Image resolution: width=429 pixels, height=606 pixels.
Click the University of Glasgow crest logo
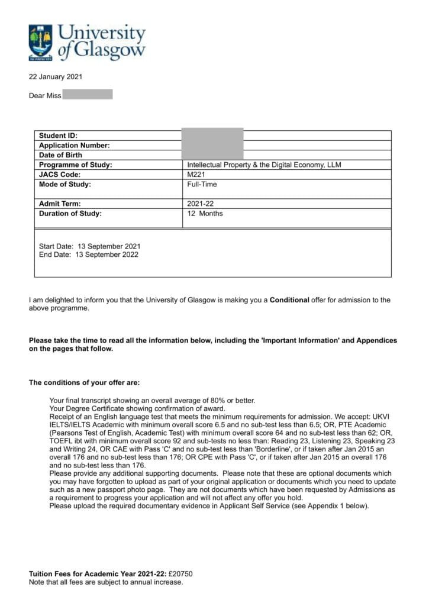(x=40, y=42)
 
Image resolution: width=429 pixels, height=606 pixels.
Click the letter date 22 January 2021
(x=56, y=77)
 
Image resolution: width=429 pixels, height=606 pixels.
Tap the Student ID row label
(x=58, y=136)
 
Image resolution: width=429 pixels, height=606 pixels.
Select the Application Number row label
(x=74, y=146)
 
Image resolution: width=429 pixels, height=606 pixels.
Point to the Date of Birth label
(x=60, y=155)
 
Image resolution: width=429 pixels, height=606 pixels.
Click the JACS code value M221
(x=196, y=175)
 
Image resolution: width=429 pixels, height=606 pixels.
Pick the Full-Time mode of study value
(x=202, y=185)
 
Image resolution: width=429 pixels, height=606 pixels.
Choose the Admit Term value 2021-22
(x=199, y=204)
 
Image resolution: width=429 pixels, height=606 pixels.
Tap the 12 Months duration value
(x=205, y=214)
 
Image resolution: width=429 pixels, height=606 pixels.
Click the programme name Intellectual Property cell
(x=264, y=165)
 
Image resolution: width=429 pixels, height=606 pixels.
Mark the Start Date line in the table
(x=89, y=246)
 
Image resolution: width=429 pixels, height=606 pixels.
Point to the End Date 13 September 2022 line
(x=88, y=255)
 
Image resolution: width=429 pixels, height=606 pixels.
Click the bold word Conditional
(x=289, y=300)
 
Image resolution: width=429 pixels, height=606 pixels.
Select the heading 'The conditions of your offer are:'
(x=85, y=383)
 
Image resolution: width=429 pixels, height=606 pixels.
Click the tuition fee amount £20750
(x=180, y=574)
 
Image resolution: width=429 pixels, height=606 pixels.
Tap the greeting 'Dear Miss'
(x=45, y=96)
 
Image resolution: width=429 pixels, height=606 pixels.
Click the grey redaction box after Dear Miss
(x=88, y=95)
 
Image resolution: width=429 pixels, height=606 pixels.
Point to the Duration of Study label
(x=70, y=214)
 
